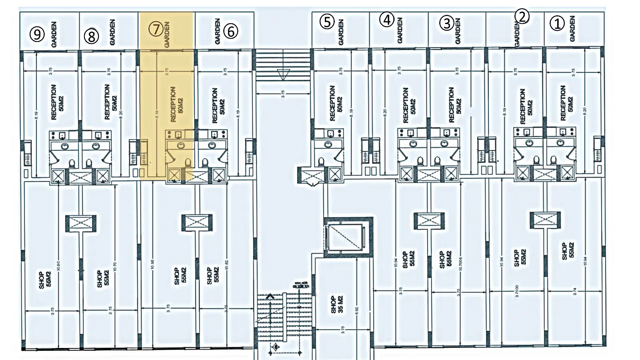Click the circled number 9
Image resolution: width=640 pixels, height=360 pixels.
point(37,34)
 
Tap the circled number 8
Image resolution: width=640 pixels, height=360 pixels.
point(91,36)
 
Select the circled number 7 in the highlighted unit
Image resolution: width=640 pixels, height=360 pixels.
point(156,29)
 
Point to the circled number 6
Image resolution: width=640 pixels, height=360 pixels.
point(231,31)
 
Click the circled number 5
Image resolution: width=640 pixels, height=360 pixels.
point(327,22)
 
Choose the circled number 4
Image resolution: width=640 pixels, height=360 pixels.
point(387,19)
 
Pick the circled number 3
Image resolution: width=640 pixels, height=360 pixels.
point(447,23)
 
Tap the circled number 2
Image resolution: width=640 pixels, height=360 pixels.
point(522,16)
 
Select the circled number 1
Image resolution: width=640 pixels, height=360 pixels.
point(557,24)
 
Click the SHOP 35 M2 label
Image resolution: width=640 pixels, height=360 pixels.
point(337,304)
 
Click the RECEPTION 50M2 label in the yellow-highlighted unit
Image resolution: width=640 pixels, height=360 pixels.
point(176,104)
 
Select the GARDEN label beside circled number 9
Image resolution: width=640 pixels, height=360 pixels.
point(54,34)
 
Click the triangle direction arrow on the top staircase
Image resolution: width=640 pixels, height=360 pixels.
point(283,74)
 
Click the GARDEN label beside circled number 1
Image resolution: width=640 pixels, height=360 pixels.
point(572,28)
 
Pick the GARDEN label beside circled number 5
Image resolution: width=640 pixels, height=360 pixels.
point(341,32)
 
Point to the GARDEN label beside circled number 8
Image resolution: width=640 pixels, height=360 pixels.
point(112,32)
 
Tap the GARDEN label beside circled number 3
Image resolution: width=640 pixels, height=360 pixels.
point(458,31)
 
